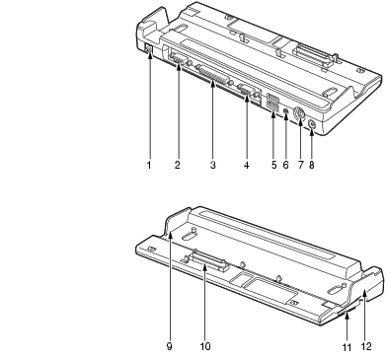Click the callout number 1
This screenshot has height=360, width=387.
pos(149,165)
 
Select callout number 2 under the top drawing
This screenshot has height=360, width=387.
pos(178,165)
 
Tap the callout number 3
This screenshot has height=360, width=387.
pos(213,165)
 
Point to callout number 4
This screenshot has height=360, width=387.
pos(247,165)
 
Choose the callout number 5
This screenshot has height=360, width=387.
pos(274,165)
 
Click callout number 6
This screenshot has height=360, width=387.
pos(285,165)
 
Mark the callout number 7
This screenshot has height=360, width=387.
pos(300,165)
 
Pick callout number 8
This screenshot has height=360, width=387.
pos(312,165)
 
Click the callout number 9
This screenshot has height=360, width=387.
pos(169,346)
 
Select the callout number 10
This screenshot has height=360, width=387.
pos(205,346)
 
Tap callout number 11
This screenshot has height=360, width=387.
pos(348,347)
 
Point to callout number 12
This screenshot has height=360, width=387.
pos(366,346)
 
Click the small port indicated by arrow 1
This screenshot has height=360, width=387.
pos(148,48)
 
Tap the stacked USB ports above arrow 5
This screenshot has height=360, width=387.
pos(272,102)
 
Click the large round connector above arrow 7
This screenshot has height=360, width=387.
pos(299,115)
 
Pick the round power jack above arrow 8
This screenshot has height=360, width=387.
pos(311,124)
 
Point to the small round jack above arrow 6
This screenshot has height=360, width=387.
pos(286,110)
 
